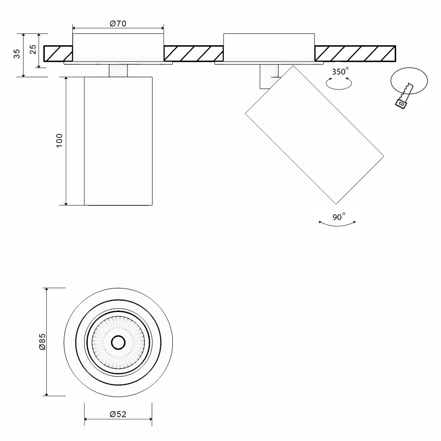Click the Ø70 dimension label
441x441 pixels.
click(x=118, y=24)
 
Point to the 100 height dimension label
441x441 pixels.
click(x=59, y=140)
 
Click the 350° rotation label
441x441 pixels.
click(x=340, y=72)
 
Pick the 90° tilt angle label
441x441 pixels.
click(x=339, y=217)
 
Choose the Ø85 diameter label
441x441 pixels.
click(x=42, y=342)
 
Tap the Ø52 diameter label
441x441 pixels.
click(x=118, y=414)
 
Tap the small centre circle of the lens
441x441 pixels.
click(x=118, y=342)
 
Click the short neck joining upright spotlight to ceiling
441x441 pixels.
click(x=118, y=70)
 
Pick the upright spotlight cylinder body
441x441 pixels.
click(x=118, y=141)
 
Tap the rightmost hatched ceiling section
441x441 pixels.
click(x=355, y=54)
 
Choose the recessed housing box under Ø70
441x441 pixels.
click(x=118, y=47)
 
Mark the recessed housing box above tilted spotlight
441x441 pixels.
click(x=269, y=47)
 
